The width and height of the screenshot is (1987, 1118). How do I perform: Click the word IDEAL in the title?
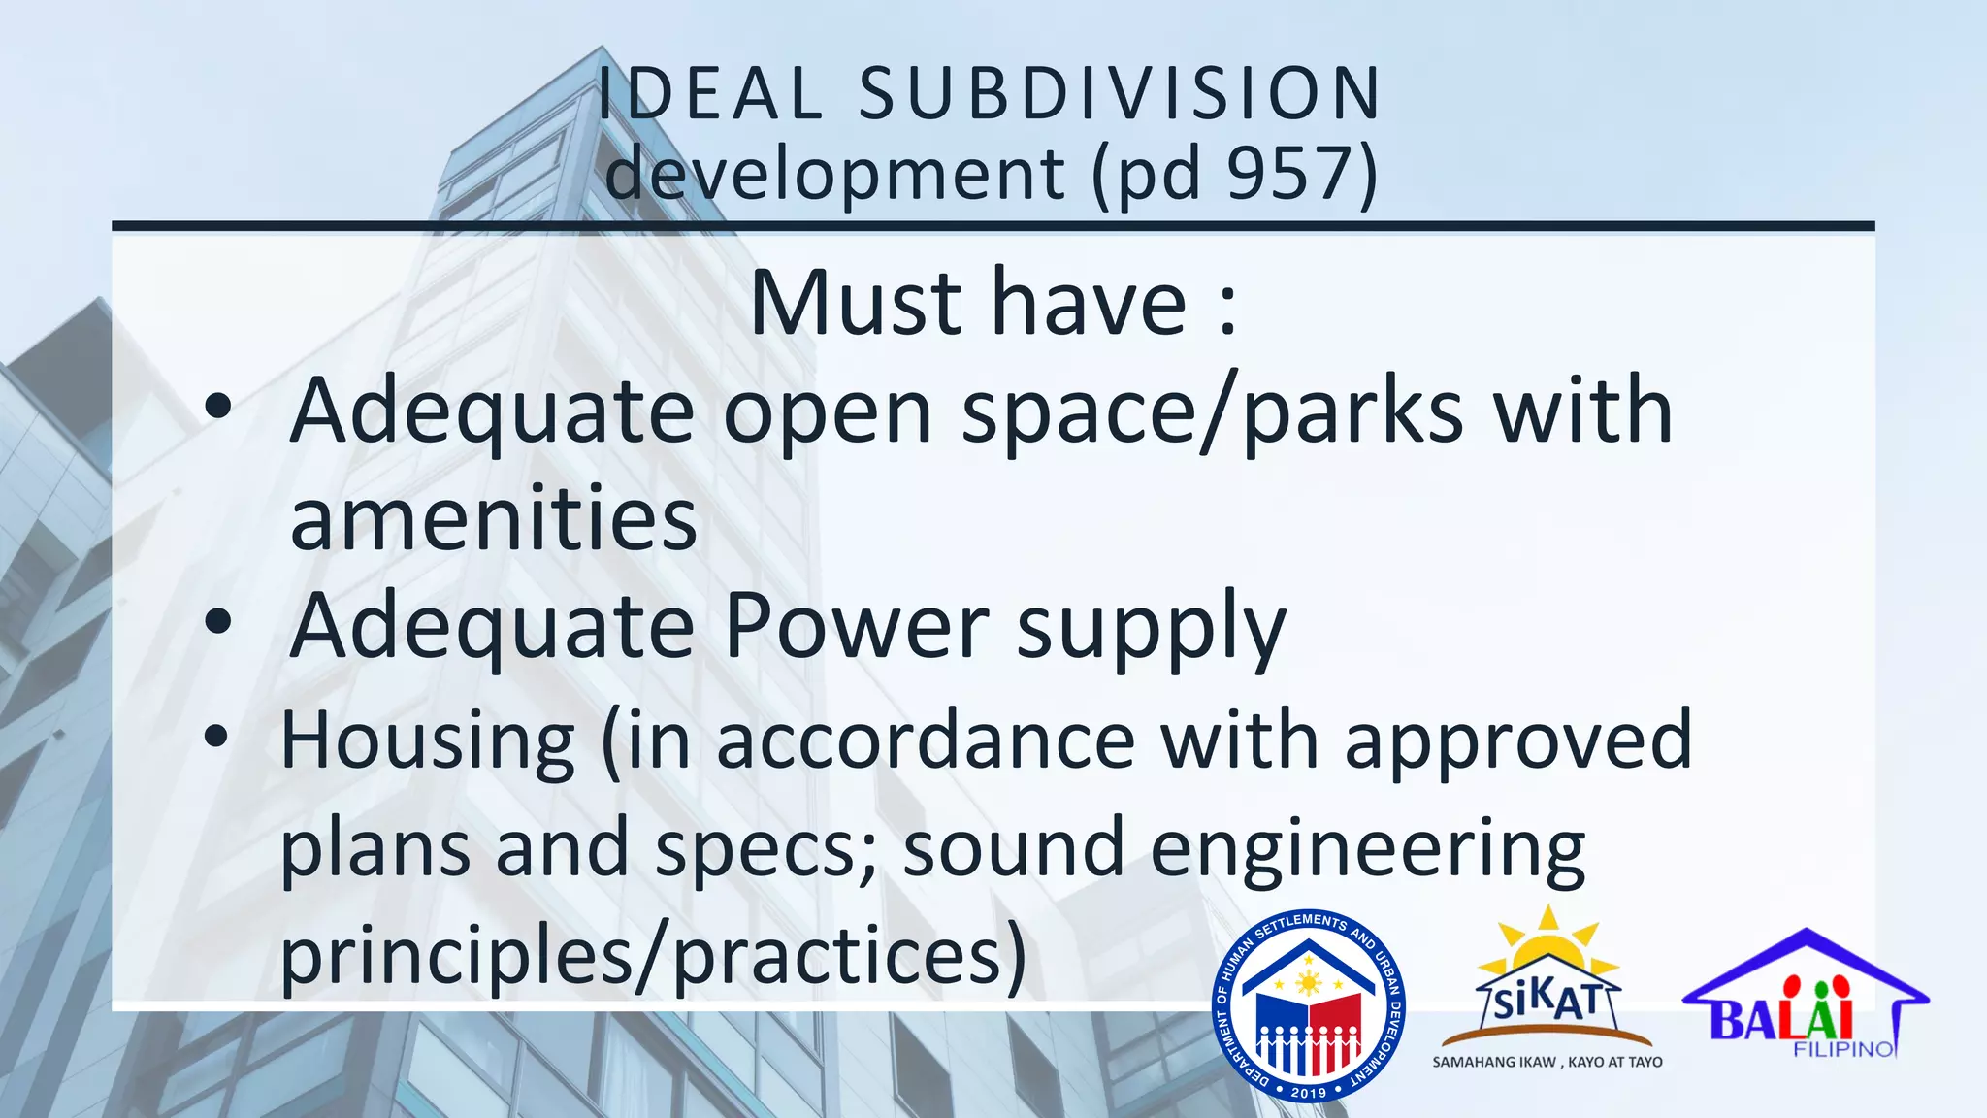point(709,94)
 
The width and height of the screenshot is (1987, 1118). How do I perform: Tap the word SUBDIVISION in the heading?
point(1120,94)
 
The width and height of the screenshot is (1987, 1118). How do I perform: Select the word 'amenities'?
point(493,519)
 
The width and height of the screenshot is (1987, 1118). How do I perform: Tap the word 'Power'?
point(857,626)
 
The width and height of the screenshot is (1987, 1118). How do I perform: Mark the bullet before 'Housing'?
point(216,737)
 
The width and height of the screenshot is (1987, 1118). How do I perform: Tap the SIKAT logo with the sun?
point(1547,975)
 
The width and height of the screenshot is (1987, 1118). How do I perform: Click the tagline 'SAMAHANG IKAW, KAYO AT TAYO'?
point(1547,1063)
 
